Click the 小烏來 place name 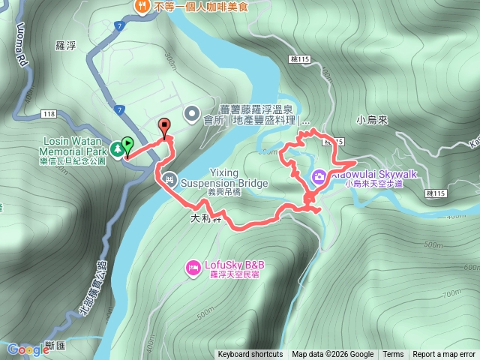(373, 119)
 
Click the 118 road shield (49, 114)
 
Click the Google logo (28, 349)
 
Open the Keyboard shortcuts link (250, 355)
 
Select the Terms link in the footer (393, 355)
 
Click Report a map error (445, 355)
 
